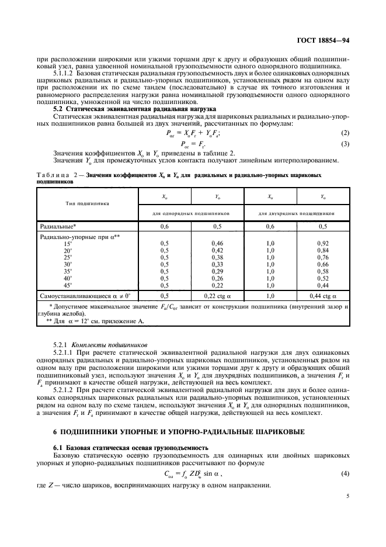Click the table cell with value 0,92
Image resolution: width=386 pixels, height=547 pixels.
coord(323,243)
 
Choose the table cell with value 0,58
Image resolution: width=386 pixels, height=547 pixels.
coord(323,271)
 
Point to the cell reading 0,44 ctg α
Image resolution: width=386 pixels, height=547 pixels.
coord(323,296)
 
